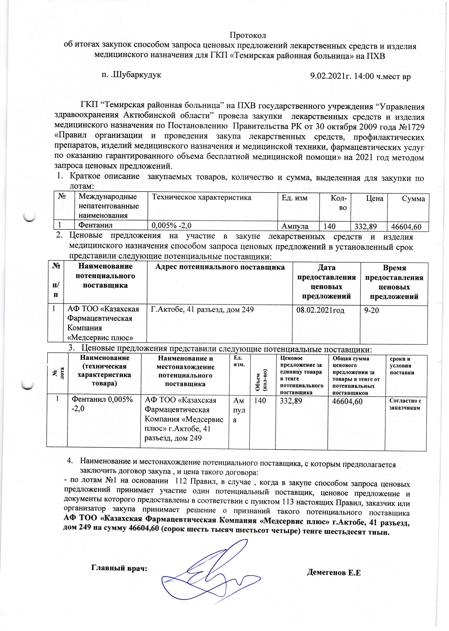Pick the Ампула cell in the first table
click(x=295, y=227)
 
